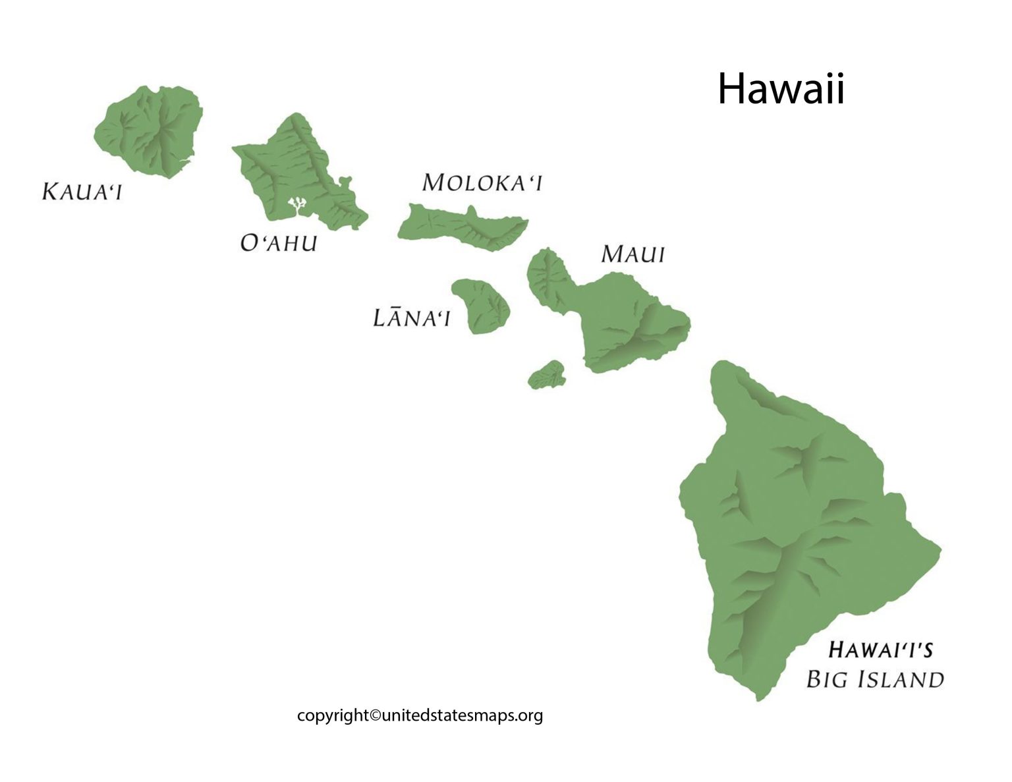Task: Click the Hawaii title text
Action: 780,89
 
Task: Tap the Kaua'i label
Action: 82,192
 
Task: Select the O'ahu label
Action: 279,243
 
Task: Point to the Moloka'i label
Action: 482,182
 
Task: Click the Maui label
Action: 632,254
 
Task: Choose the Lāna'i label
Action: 411,318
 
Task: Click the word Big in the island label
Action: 827,679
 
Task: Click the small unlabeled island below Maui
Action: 548,375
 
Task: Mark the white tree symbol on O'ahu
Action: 298,204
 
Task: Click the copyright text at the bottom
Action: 420,715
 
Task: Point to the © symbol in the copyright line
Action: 375,715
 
